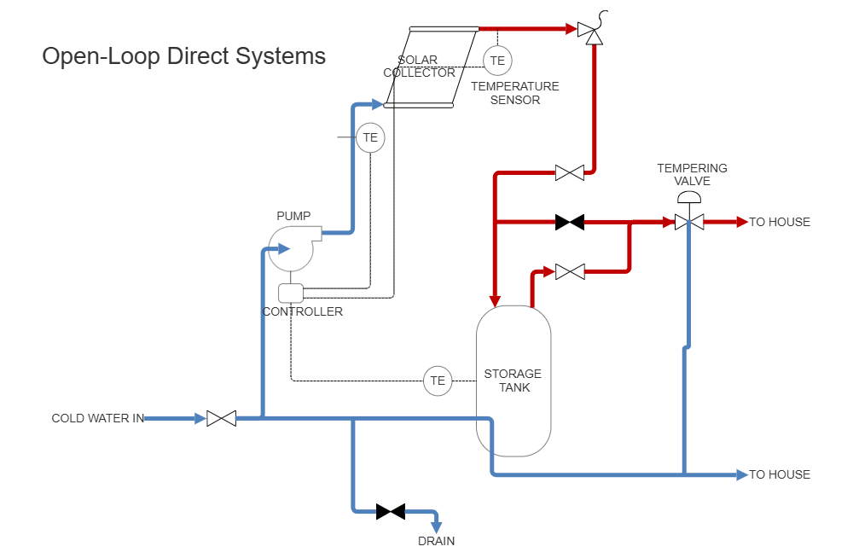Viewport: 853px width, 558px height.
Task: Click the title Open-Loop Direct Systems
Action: [x=183, y=56]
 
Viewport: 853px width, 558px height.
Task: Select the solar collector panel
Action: [x=429, y=68]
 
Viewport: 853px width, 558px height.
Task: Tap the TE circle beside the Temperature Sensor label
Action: [x=497, y=61]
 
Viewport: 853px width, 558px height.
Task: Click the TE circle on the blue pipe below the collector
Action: [x=370, y=137]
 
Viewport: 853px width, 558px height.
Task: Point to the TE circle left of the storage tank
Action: [x=438, y=381]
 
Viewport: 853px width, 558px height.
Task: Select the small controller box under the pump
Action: [x=291, y=293]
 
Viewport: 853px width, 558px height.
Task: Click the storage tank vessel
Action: [x=513, y=381]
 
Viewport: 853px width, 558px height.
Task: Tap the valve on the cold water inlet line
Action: [x=221, y=419]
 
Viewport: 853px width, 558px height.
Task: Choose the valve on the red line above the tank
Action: [x=570, y=272]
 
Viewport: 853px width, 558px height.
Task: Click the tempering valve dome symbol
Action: [x=688, y=198]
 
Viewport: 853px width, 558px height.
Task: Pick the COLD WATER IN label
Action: [x=97, y=418]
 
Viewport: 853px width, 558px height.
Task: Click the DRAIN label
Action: [x=436, y=541]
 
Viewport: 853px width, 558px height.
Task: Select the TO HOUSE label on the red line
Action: [x=780, y=222]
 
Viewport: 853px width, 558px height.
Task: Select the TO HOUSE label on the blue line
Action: [x=780, y=474]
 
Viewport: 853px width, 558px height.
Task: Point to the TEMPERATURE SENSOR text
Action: [x=514, y=93]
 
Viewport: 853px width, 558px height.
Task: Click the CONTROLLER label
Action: [x=303, y=311]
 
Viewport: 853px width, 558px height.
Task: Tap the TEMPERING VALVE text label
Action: [x=692, y=174]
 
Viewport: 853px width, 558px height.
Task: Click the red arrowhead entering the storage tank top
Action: [x=494, y=299]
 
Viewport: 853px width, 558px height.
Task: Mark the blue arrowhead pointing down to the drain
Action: [x=436, y=527]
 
